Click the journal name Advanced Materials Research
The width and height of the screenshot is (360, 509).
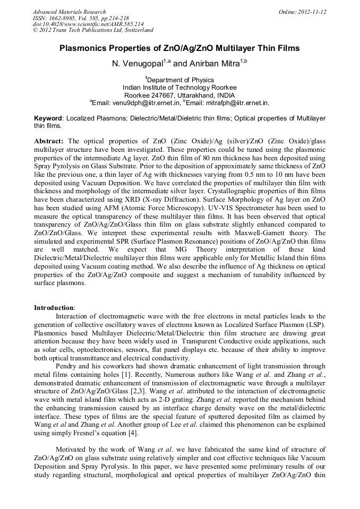tap(69, 12)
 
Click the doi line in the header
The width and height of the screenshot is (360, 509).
tap(88, 24)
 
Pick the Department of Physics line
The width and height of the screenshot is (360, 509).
tap(180, 80)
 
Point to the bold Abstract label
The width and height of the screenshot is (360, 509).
tap(49, 141)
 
